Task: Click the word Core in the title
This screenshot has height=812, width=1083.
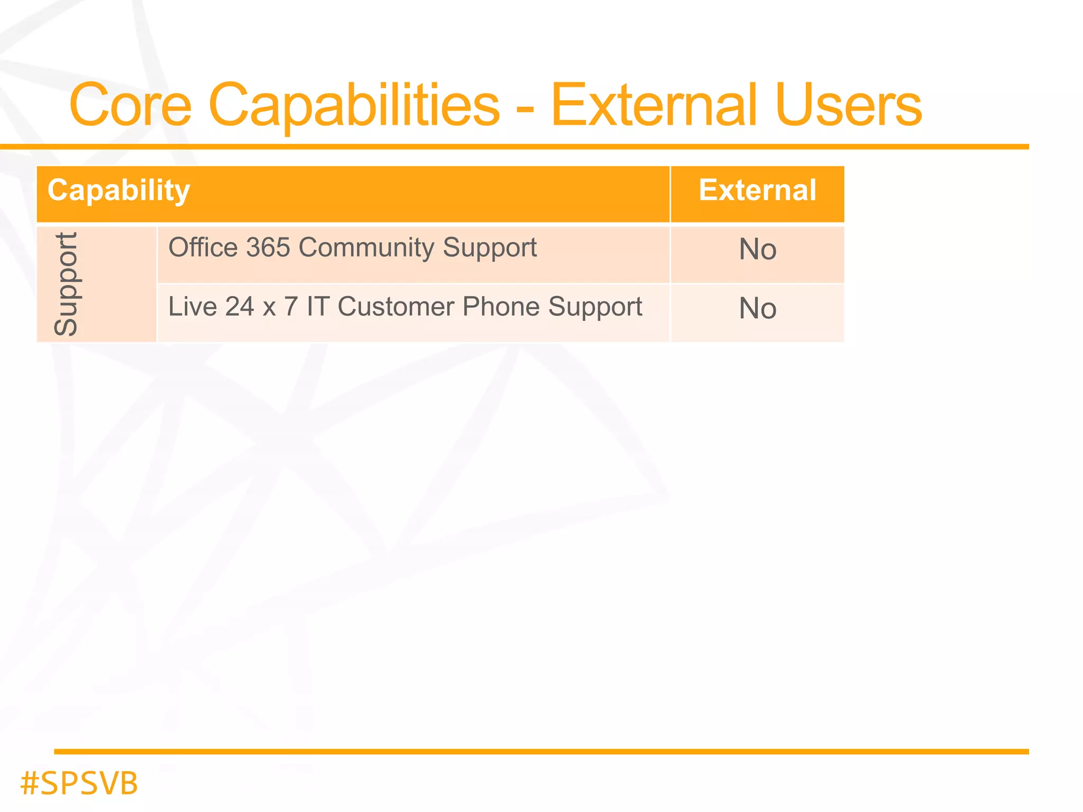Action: [130, 106]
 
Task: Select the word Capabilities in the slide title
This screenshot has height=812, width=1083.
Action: [354, 106]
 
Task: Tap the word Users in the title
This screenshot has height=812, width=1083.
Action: [849, 106]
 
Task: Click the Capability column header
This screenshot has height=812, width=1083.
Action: [118, 191]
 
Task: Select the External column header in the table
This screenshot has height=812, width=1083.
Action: [757, 190]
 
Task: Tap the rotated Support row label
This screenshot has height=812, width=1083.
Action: [67, 284]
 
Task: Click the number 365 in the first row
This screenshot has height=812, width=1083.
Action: [268, 247]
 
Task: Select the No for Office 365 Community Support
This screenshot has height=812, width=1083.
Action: [757, 250]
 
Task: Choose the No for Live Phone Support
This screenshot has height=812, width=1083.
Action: [757, 309]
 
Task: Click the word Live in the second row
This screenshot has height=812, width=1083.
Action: [191, 307]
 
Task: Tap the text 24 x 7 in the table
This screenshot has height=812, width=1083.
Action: [261, 307]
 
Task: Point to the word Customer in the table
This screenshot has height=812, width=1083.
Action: [396, 307]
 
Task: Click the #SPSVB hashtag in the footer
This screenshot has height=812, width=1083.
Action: [79, 783]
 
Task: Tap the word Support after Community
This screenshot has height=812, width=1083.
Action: [490, 248]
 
